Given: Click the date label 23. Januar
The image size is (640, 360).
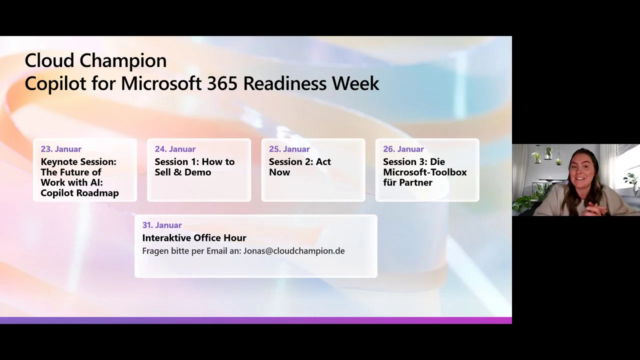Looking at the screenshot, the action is click(61, 149).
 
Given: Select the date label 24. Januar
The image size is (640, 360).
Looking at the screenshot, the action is click(175, 149).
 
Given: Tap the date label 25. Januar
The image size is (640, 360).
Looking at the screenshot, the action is click(289, 149).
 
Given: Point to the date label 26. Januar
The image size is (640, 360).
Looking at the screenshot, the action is click(403, 149).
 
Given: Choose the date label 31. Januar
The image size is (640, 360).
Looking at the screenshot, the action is click(162, 225).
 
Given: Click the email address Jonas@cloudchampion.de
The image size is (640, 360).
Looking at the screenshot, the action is click(294, 251).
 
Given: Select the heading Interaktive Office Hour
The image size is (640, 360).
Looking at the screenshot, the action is click(194, 237).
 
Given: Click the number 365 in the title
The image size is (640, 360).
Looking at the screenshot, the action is click(222, 83).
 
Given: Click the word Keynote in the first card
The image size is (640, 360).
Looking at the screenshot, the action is click(57, 162).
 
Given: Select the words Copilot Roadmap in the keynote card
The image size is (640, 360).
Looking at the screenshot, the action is click(79, 193).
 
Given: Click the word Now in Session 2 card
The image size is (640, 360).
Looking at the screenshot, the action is click(279, 172).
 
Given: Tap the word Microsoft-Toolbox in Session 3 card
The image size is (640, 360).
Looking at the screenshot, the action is click(425, 172).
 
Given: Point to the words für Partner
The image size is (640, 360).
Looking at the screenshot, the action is click(407, 182).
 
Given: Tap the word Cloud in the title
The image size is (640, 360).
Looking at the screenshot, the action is click(49, 60).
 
